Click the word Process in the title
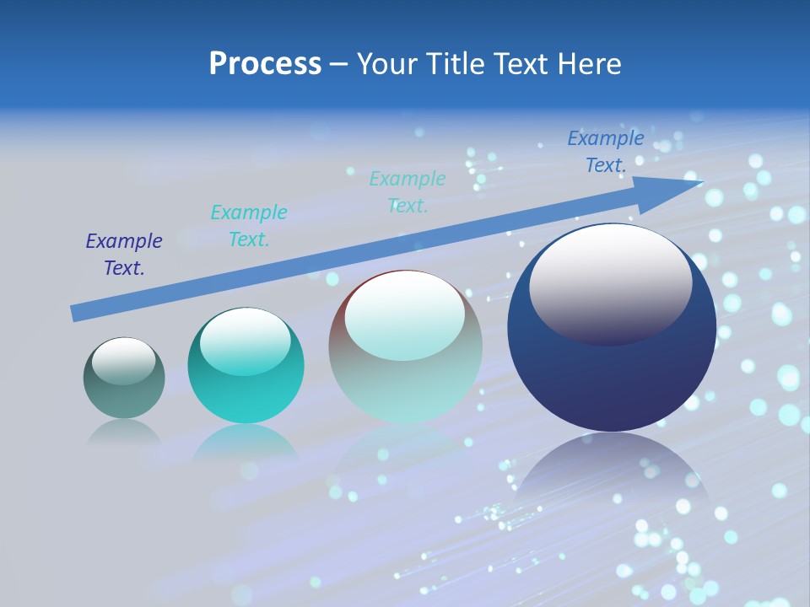[265, 64]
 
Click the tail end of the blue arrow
[76, 314]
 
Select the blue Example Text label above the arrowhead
[606, 152]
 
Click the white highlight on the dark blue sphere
[610, 282]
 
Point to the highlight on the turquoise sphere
[246, 341]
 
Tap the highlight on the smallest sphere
[123, 361]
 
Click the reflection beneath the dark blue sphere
[612, 472]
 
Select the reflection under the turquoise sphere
[246, 442]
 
